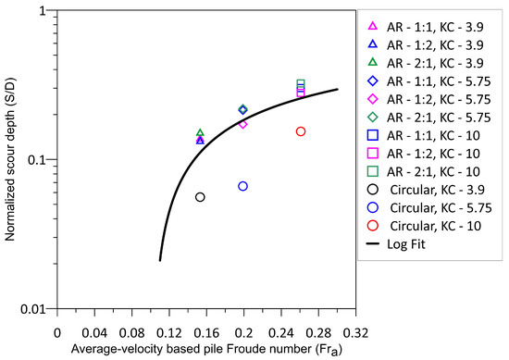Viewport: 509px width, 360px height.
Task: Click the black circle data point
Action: [x=200, y=197]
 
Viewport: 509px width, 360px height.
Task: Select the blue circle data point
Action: [x=243, y=186]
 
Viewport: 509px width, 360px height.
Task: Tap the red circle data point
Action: [x=301, y=131]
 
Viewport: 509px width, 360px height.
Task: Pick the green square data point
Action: [x=301, y=84]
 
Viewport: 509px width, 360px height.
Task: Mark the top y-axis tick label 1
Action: [x=43, y=12]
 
